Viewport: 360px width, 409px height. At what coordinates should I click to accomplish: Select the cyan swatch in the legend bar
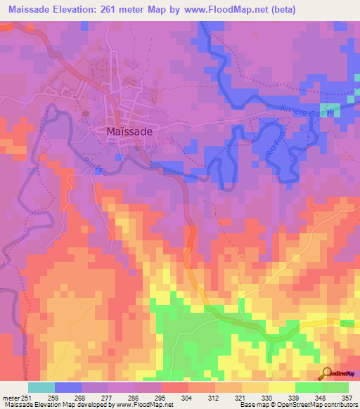[x=41, y=387]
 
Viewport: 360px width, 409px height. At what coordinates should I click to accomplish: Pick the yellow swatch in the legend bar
[x=282, y=387]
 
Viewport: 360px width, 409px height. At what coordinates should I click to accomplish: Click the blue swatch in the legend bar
[x=68, y=387]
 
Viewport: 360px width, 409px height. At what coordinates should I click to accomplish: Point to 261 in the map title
[x=115, y=10]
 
